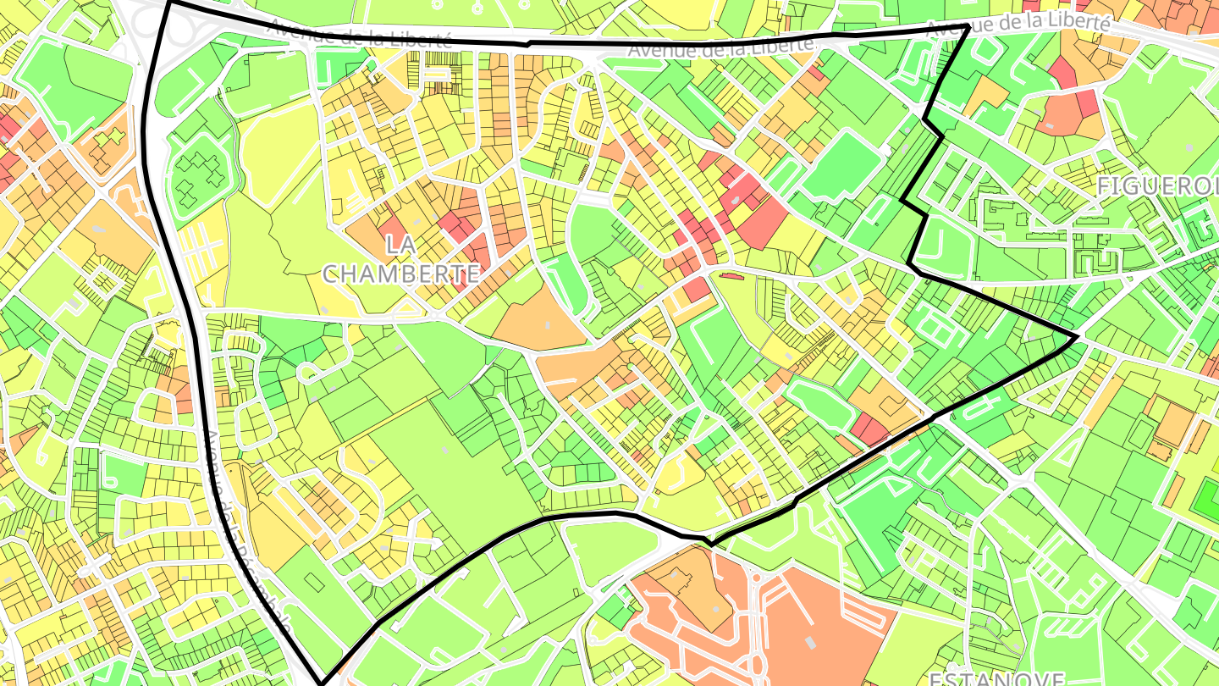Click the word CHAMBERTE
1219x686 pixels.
pos(401,274)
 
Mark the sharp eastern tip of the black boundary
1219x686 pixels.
pos(1077,337)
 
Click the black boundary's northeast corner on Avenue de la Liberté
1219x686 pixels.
pos(968,26)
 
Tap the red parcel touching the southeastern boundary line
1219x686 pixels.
pos(869,429)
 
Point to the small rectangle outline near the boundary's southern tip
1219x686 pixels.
pos(313,582)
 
